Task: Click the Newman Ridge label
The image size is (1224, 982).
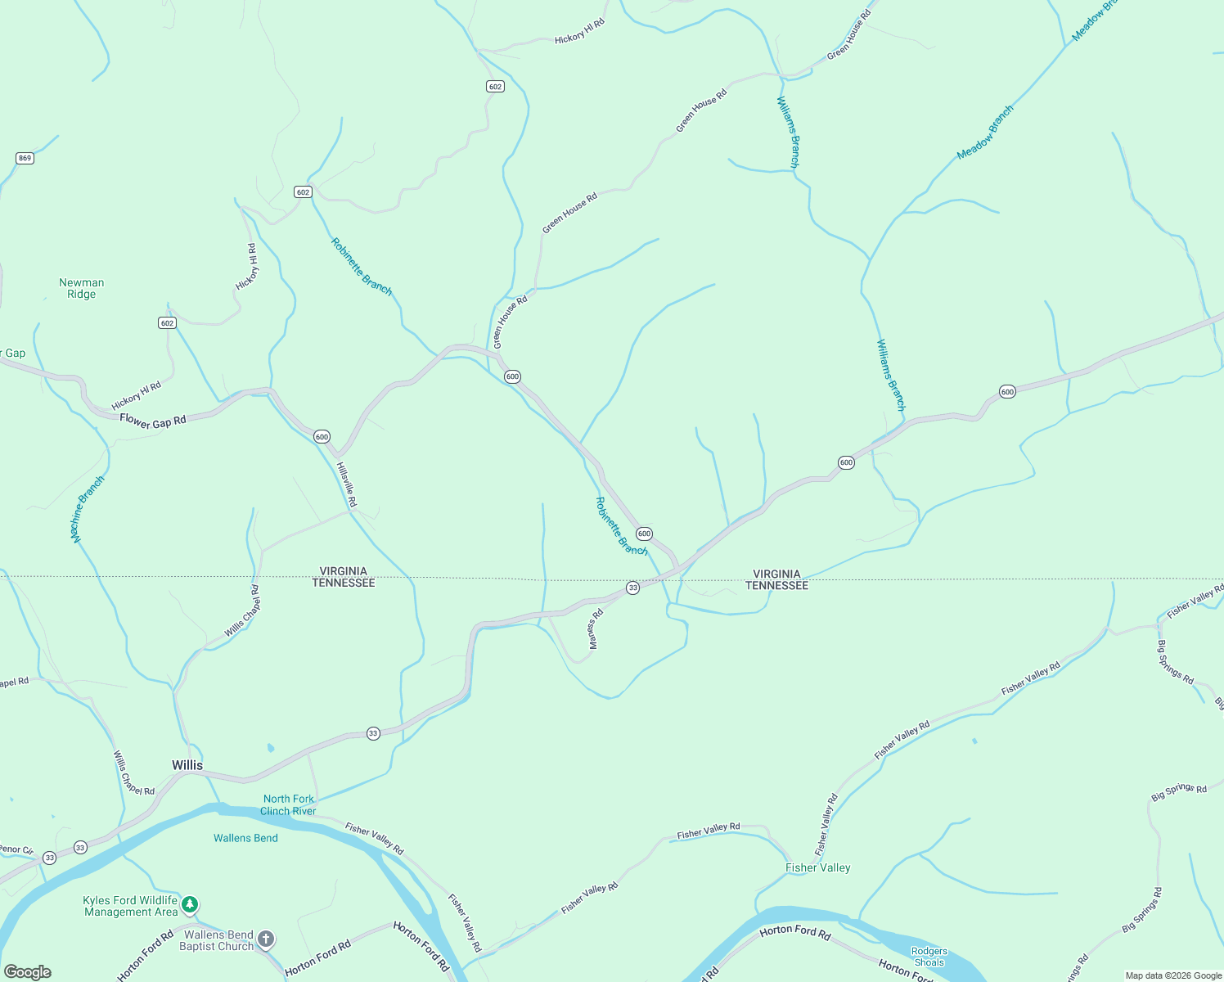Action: [82, 288]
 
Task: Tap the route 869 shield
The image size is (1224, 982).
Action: [25, 158]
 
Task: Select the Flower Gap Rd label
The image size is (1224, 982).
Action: [153, 421]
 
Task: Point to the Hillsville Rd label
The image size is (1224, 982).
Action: [347, 484]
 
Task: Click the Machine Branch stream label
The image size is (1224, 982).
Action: [88, 509]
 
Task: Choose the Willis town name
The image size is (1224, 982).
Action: [187, 765]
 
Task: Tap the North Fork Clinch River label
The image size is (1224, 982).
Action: [288, 805]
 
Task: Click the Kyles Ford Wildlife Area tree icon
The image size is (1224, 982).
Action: [190, 904]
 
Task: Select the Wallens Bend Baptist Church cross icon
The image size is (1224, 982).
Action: [266, 939]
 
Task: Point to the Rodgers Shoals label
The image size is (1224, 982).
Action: [929, 957]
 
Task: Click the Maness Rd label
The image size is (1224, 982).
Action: [596, 628]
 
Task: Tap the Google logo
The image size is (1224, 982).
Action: [27, 972]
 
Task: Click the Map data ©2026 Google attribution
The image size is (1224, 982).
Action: [1172, 975]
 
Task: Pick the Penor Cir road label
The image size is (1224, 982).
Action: [16, 849]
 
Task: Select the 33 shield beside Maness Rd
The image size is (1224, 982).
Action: [632, 588]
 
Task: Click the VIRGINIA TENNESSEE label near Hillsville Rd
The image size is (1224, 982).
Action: [344, 577]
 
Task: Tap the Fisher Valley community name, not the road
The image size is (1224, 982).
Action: [817, 867]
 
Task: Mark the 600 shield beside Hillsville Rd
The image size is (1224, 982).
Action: [322, 437]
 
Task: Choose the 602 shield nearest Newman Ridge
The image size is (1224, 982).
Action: [167, 323]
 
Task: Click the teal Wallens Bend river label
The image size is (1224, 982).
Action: [245, 838]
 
